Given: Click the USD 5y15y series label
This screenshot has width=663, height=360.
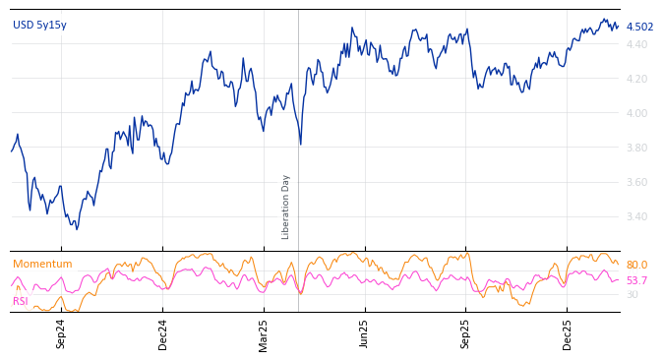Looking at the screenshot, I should point(39,26).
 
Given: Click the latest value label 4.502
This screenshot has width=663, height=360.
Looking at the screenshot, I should point(639,28).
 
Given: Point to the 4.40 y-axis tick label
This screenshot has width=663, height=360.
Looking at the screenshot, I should point(636,44).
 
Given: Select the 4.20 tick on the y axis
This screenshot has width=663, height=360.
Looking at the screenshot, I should point(636,79).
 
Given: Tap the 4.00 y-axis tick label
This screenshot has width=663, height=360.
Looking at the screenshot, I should point(636,113).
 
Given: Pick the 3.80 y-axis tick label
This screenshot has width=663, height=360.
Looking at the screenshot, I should point(636,148).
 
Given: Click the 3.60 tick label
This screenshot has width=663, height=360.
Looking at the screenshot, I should point(636,182).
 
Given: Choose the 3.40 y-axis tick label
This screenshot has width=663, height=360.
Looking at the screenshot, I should point(636,216).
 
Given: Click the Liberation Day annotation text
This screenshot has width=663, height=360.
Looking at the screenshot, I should point(286,207).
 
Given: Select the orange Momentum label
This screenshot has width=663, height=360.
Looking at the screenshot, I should point(42,265).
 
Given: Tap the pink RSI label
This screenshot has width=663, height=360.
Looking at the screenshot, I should point(21,301).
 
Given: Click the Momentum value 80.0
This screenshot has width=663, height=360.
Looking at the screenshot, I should point(636,266).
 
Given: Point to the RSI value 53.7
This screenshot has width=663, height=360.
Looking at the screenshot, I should point(636,281).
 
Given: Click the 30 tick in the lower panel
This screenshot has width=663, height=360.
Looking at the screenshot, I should point(633,295).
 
